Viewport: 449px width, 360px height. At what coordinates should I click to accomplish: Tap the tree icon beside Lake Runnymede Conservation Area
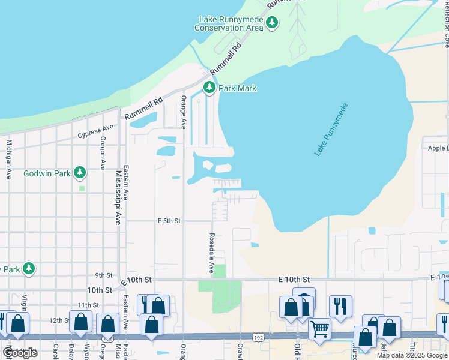tap(273, 23)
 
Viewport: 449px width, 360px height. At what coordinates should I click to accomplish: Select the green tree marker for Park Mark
tap(209, 88)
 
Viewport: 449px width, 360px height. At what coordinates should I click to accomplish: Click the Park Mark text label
tap(237, 89)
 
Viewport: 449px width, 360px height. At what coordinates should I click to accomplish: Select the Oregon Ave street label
tap(103, 153)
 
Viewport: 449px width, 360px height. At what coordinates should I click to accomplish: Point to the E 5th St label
tap(169, 221)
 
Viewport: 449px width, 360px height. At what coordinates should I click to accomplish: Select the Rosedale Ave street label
tap(211, 253)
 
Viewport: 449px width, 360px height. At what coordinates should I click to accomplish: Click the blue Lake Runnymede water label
tap(331, 130)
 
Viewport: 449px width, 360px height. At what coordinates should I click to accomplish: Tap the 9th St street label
tap(104, 275)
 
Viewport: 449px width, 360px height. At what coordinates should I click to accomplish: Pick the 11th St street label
tap(88, 305)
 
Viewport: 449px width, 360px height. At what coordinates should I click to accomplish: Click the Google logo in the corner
tap(20, 353)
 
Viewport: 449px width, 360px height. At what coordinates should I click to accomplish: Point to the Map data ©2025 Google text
tap(412, 355)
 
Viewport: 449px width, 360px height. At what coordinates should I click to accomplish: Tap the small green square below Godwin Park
tap(82, 188)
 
